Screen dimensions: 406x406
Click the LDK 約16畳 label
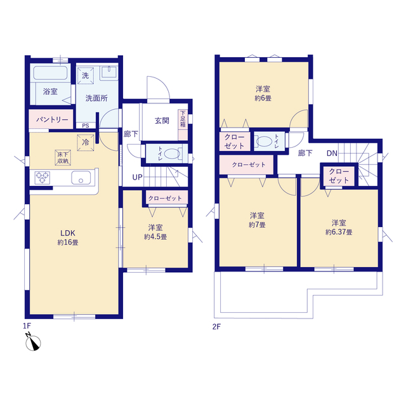pyautogui.click(x=68, y=238)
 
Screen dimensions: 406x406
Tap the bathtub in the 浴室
pyautogui.click(x=51, y=72)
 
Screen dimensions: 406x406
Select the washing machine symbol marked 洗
pyautogui.click(x=86, y=75)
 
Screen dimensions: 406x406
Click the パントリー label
pyautogui.click(x=52, y=119)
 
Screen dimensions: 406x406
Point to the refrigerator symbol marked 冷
pyautogui.click(x=86, y=142)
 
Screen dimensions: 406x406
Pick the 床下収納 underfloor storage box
pyautogui.click(x=63, y=158)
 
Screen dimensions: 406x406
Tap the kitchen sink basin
pyautogui.click(x=81, y=178)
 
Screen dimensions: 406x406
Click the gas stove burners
pyautogui.click(x=43, y=178)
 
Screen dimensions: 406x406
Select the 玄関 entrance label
pyautogui.click(x=162, y=121)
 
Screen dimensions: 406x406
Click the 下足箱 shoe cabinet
pyautogui.click(x=183, y=125)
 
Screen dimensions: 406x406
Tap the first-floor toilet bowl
pyautogui.click(x=172, y=154)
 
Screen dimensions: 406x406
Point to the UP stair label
pyautogui.click(x=137, y=178)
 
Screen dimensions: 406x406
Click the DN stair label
pyautogui.click(x=332, y=154)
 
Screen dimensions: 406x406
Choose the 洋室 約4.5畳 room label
pyautogui.click(x=155, y=232)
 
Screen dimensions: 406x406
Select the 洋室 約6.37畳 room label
pyautogui.click(x=339, y=227)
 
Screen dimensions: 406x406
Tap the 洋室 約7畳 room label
pyautogui.click(x=257, y=220)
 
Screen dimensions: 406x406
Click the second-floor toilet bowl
pyautogui.click(x=264, y=141)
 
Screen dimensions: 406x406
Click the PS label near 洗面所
pyautogui.click(x=86, y=126)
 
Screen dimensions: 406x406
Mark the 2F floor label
pyautogui.click(x=216, y=327)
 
